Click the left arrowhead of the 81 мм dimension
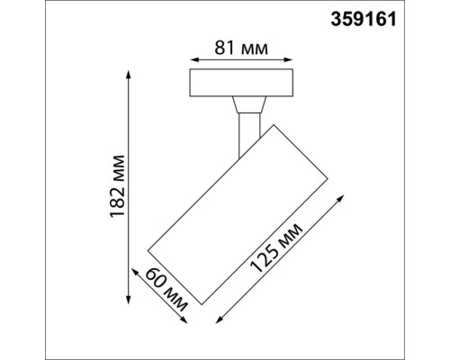pyautogui.click(x=193, y=53)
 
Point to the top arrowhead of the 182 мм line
pyautogui.click(x=131, y=73)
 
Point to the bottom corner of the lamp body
pyautogui.click(x=202, y=304)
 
